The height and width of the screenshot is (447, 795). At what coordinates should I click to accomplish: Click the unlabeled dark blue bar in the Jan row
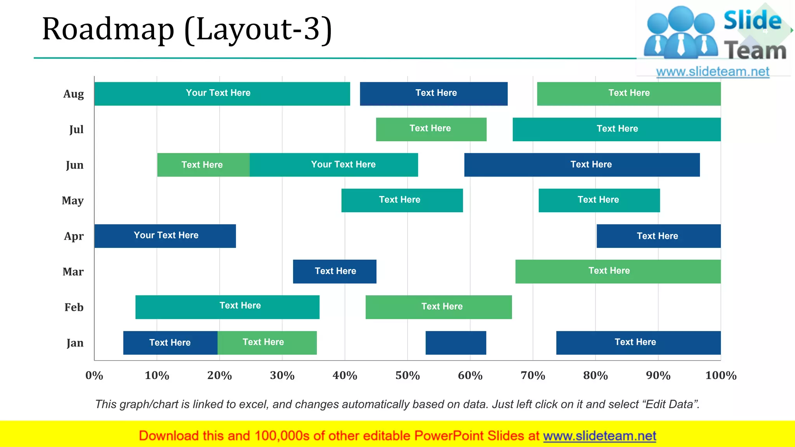point(456,343)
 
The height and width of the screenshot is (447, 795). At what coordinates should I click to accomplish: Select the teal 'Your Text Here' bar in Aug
point(222,94)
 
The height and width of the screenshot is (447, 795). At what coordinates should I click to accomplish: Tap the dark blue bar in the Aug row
point(434,94)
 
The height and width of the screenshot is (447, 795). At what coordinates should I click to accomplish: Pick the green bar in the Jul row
point(431,129)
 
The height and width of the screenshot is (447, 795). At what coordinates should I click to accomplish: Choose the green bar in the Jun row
point(203,165)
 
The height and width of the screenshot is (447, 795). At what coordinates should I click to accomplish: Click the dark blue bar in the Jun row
point(582,165)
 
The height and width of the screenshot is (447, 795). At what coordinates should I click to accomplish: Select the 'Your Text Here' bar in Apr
point(165,236)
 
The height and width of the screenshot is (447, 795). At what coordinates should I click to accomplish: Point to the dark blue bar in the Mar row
point(335,271)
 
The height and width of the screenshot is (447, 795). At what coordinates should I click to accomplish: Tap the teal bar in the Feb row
point(227,307)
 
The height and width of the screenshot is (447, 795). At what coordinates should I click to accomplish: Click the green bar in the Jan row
point(267,343)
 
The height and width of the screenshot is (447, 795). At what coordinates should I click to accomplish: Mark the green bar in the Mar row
point(618,271)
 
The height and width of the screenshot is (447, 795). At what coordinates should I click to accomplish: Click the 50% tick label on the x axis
point(408,376)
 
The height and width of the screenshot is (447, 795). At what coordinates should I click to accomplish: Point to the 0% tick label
point(94,376)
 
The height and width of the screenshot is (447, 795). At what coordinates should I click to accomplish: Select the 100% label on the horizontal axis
point(721,376)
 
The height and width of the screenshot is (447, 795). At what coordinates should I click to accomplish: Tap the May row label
point(73,201)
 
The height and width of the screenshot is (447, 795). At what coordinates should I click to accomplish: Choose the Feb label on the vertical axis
point(74,307)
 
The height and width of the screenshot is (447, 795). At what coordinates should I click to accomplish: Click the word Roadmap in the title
point(108,29)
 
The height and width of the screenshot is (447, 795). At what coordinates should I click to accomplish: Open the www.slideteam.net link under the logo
point(713,72)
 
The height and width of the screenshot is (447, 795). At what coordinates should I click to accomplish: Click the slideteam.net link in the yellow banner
point(599,436)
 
